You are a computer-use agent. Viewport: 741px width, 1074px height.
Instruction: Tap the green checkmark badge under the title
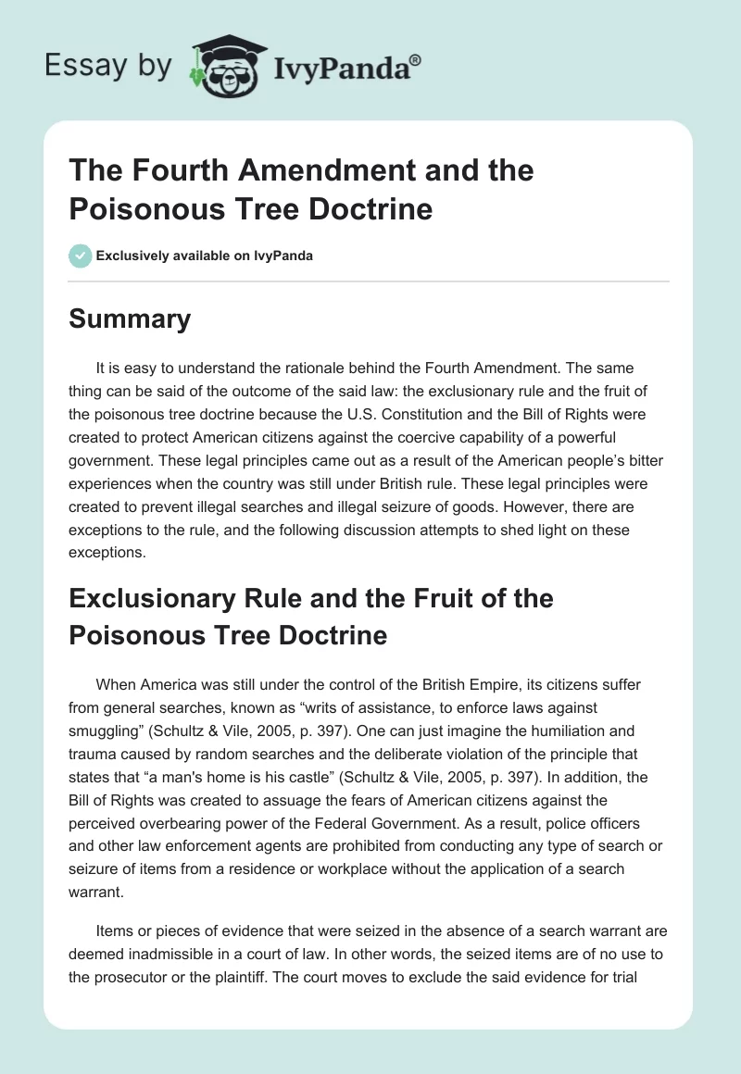(81, 256)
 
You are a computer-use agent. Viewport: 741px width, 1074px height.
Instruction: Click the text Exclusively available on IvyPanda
(205, 256)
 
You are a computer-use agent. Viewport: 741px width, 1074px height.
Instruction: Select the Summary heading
(130, 319)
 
